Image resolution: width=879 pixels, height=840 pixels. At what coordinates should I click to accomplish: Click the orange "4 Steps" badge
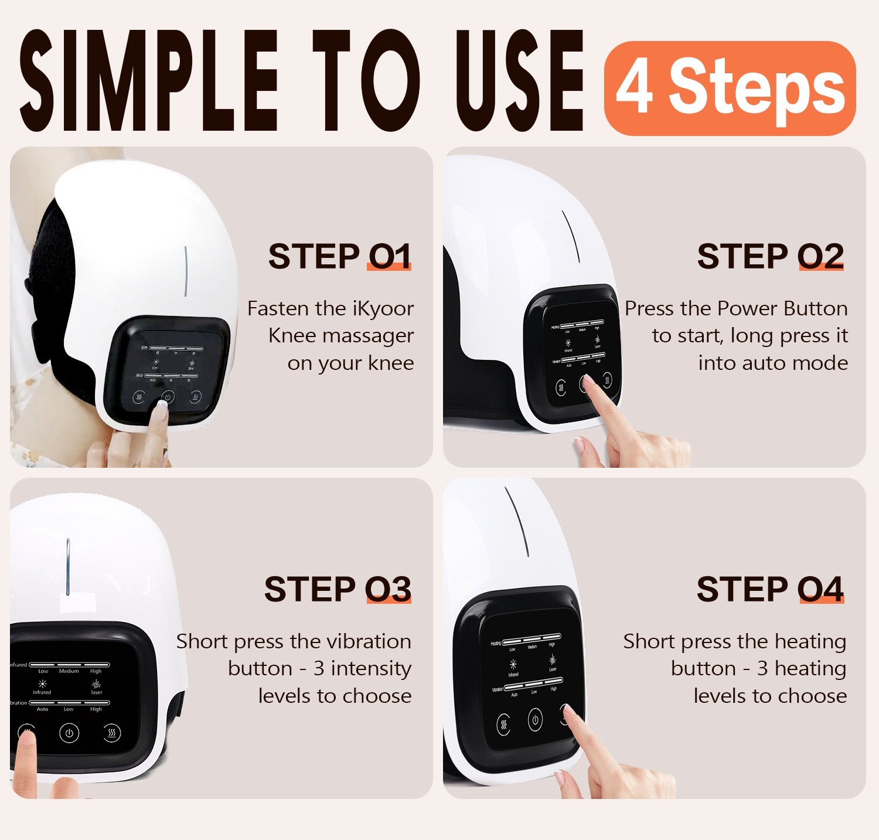(x=730, y=89)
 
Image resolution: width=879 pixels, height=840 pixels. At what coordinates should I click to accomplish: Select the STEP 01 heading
(x=339, y=256)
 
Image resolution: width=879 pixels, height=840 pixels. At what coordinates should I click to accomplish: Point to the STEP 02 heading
(x=770, y=256)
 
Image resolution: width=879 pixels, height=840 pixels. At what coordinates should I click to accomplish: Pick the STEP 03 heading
(x=338, y=589)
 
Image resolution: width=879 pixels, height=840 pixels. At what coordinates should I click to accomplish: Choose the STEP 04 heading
(x=770, y=589)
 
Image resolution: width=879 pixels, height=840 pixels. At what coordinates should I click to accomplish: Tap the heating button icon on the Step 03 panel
(x=112, y=733)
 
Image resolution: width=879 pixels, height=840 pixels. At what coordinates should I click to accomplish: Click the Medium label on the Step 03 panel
(x=69, y=671)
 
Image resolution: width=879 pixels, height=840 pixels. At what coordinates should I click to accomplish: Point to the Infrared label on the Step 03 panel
(x=42, y=692)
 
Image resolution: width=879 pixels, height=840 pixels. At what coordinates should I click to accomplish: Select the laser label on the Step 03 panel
(x=97, y=692)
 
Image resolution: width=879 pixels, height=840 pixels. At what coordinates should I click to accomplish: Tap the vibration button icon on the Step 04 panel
(x=503, y=725)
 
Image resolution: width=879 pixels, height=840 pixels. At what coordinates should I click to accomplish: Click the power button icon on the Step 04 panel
(x=535, y=719)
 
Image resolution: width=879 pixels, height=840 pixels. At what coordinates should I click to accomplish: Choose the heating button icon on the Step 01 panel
(x=195, y=397)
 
